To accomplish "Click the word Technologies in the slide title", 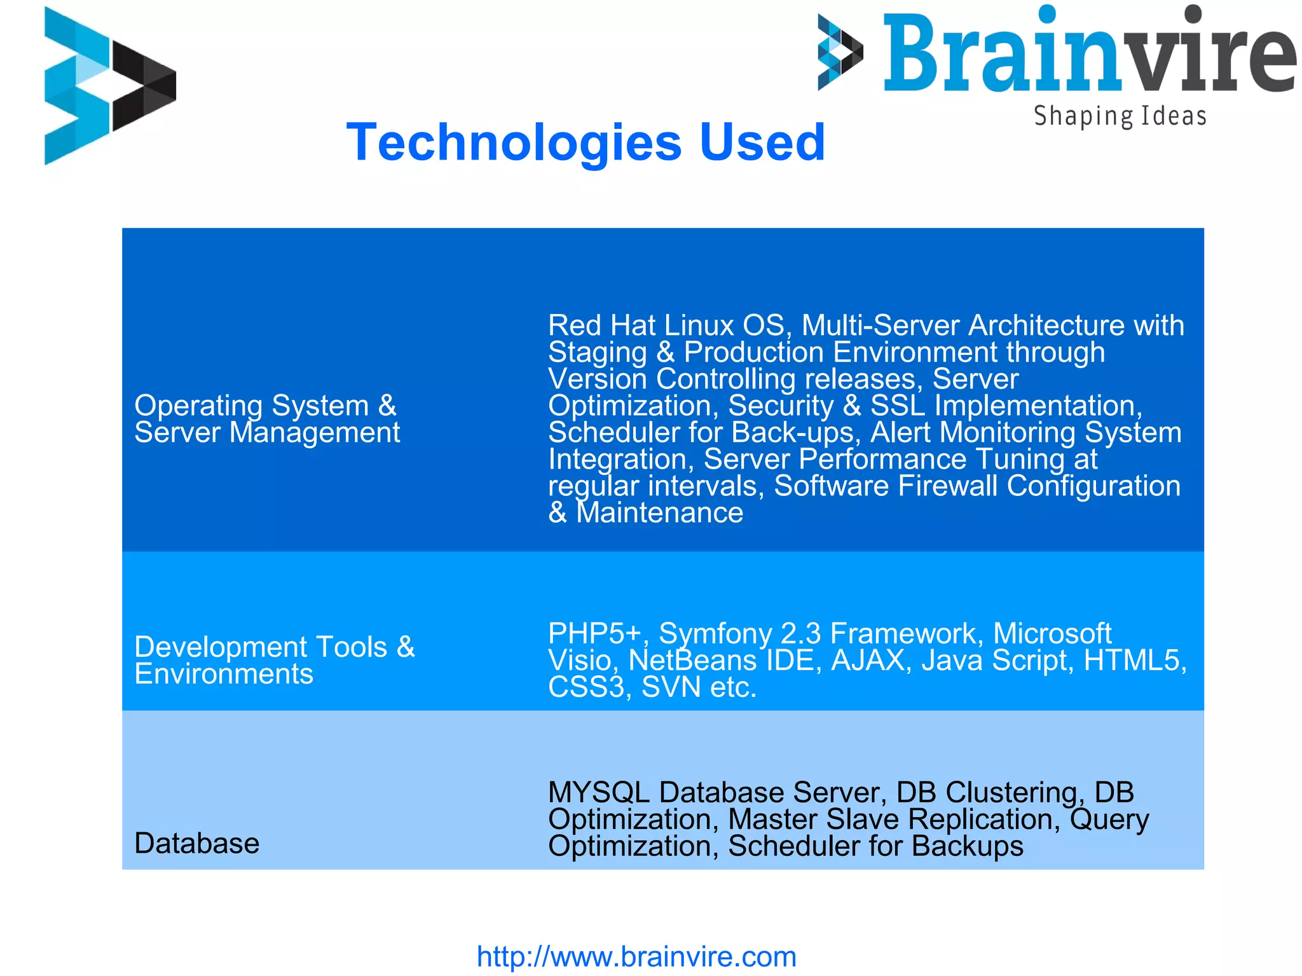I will (x=514, y=142).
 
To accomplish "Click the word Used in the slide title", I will (x=762, y=142).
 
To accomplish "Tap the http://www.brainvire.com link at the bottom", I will (x=636, y=956).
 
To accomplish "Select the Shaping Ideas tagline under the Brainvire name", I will (x=1120, y=116).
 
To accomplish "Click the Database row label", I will (x=197, y=843).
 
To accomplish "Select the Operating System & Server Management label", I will (x=267, y=418).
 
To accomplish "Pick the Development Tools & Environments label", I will (x=274, y=660).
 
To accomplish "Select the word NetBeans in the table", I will (x=692, y=660).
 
